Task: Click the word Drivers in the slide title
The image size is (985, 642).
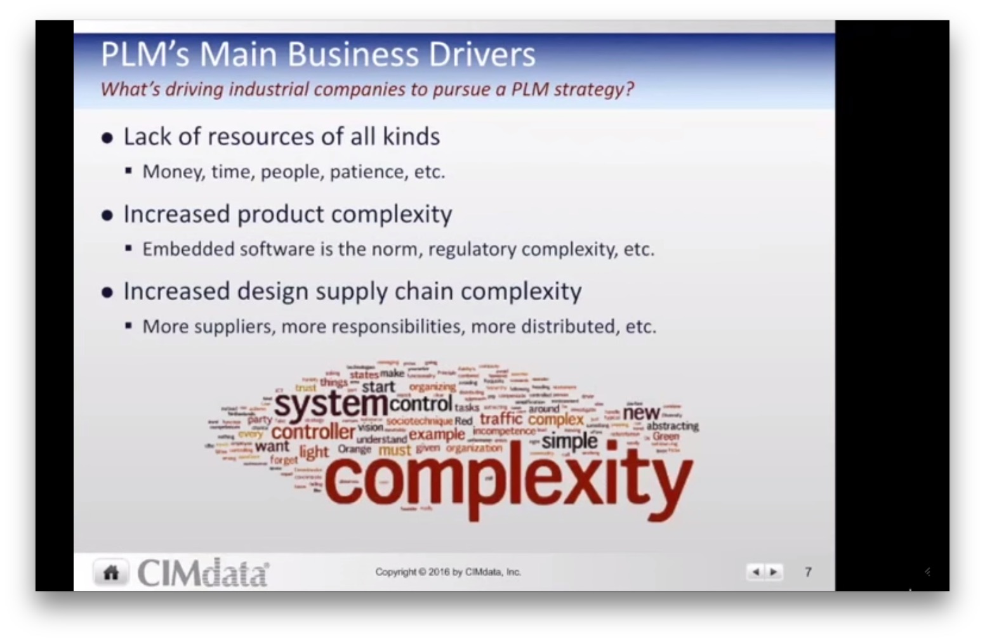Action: click(482, 55)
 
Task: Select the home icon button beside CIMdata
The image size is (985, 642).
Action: click(111, 572)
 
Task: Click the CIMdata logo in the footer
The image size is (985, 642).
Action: click(203, 572)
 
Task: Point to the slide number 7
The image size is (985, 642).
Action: click(808, 572)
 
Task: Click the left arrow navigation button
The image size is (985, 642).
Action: click(755, 572)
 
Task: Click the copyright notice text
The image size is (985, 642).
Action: click(447, 572)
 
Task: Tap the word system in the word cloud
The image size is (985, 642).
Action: click(331, 403)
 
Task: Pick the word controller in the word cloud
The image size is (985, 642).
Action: click(313, 432)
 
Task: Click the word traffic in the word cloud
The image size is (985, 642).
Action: click(501, 419)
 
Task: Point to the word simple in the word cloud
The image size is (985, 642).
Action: click(569, 441)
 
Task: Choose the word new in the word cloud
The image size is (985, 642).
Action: click(641, 412)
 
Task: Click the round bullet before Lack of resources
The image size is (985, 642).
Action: click(107, 138)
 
